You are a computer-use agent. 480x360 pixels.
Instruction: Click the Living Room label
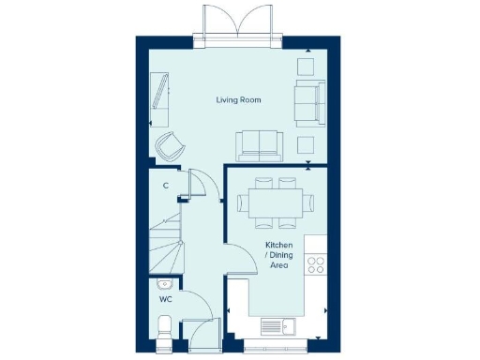pos(238,99)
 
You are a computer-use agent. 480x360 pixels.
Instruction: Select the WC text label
pos(165,300)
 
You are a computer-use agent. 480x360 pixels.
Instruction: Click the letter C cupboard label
pos(165,186)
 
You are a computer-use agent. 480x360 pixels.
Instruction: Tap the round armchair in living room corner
pos(170,144)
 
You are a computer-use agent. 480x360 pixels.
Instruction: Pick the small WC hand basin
pos(164,283)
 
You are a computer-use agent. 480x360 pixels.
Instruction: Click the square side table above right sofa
pos(306,67)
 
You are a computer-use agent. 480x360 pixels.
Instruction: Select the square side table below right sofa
pos(306,143)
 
